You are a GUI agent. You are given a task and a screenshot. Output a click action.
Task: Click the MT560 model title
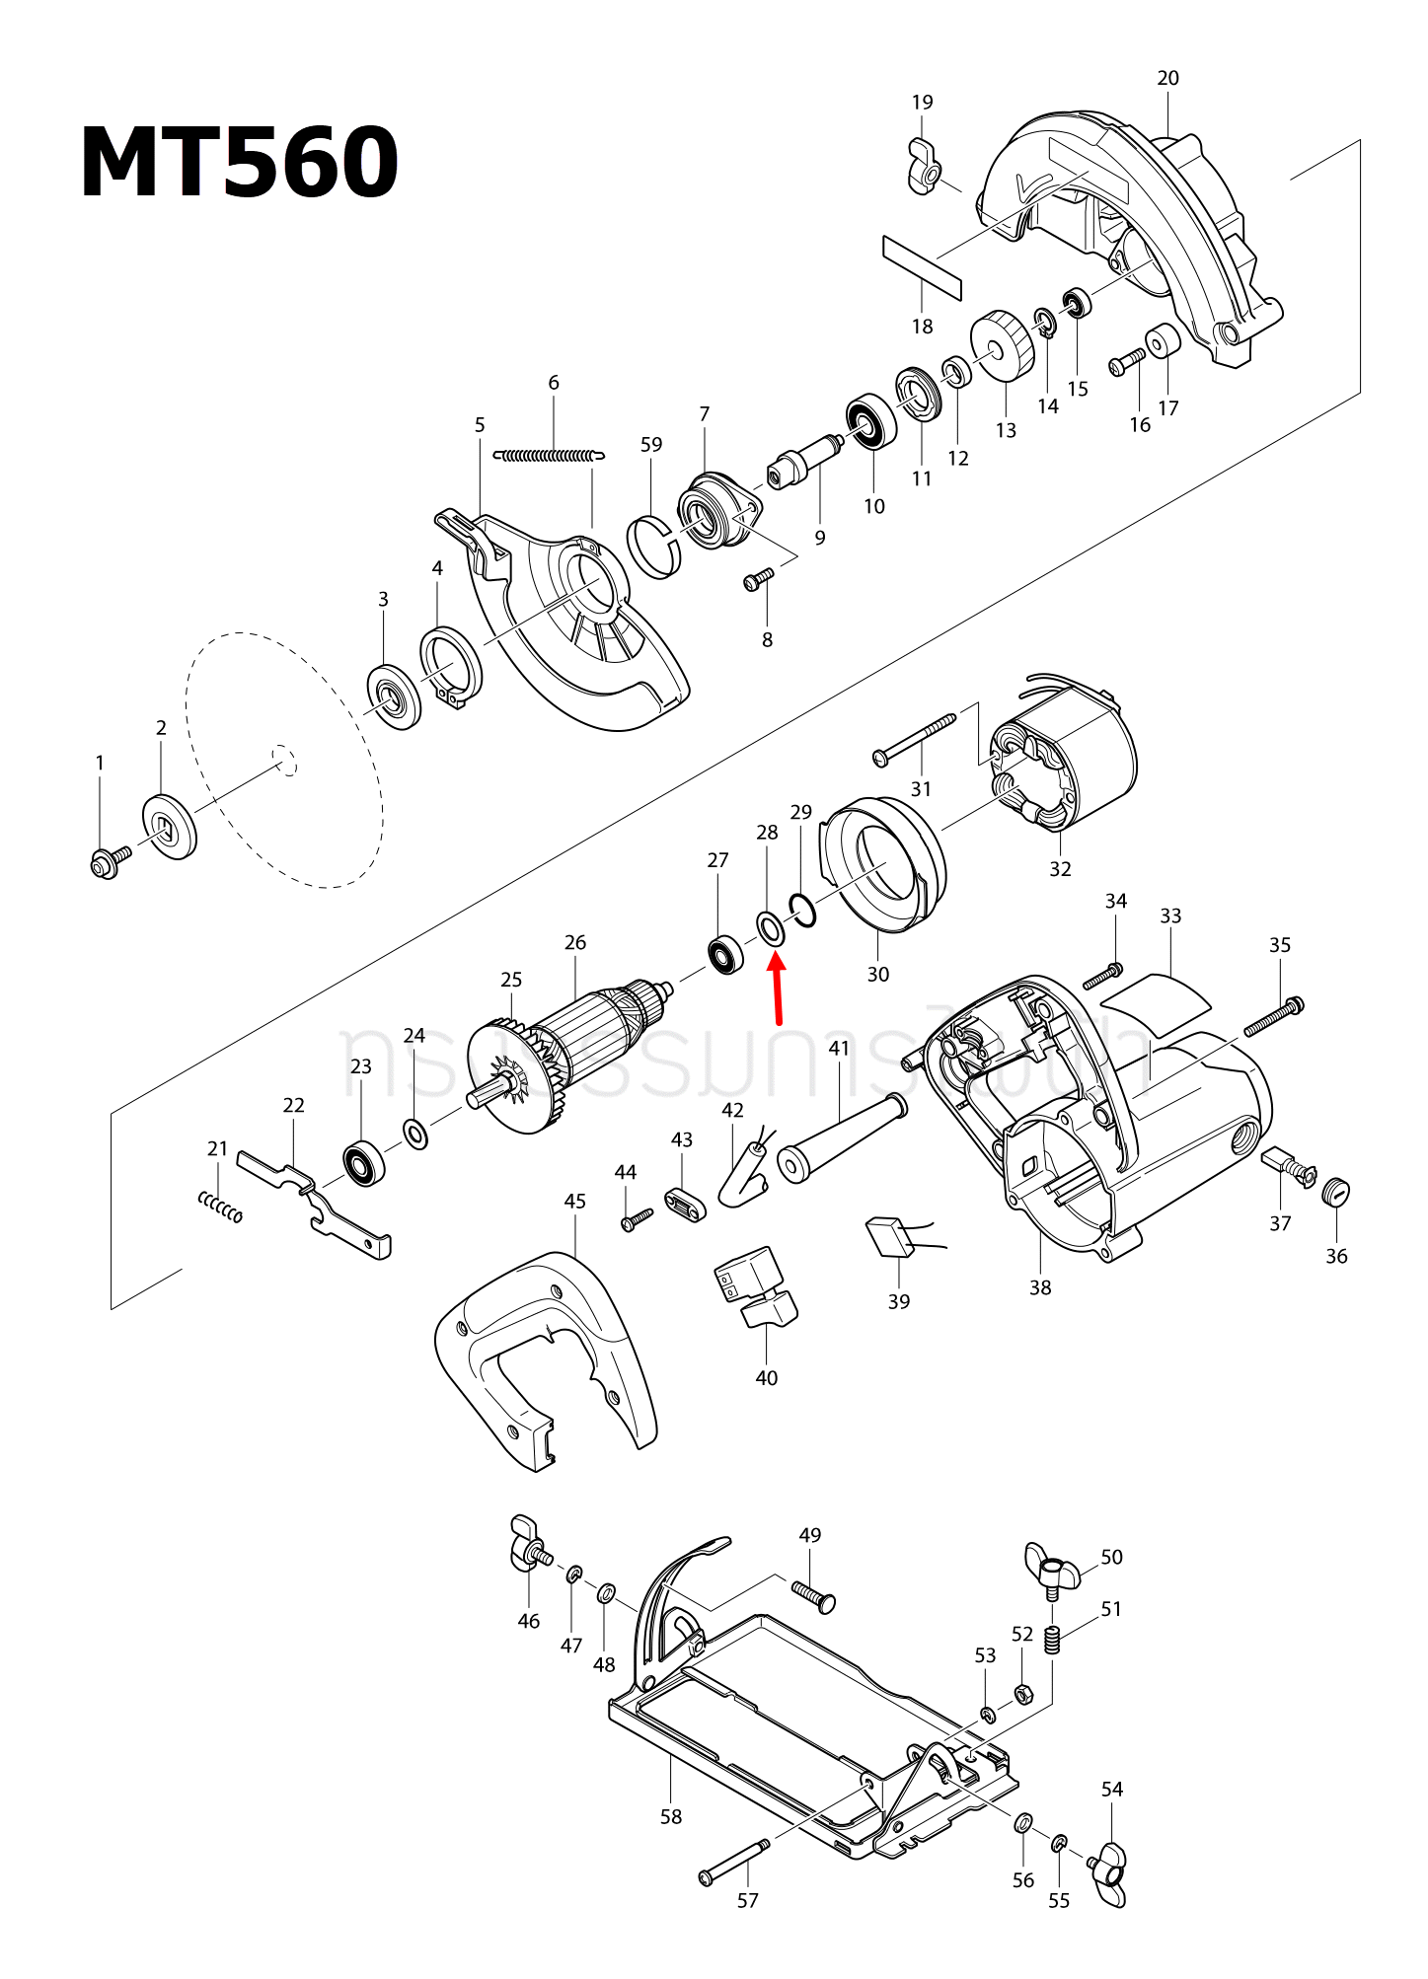point(239,164)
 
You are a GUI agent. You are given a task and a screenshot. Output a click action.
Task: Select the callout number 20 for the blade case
point(1167,78)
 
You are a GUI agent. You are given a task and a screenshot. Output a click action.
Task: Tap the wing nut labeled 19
point(925,168)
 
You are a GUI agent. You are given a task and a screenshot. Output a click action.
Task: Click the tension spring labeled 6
point(549,456)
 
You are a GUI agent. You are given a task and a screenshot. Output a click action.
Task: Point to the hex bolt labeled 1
point(107,862)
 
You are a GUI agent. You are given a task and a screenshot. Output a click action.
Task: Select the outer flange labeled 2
point(170,827)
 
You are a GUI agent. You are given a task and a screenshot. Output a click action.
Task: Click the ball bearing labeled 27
point(726,954)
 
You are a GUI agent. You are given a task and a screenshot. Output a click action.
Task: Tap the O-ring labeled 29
point(802,910)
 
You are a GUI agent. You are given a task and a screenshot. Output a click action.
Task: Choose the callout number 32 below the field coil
point(1060,869)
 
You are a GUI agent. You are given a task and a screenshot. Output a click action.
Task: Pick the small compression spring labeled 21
point(220,1207)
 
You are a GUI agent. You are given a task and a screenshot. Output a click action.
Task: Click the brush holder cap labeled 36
point(1336,1192)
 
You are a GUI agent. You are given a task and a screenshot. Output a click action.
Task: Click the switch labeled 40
point(755,1288)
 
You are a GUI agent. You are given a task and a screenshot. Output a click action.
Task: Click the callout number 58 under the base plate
point(671,1816)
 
